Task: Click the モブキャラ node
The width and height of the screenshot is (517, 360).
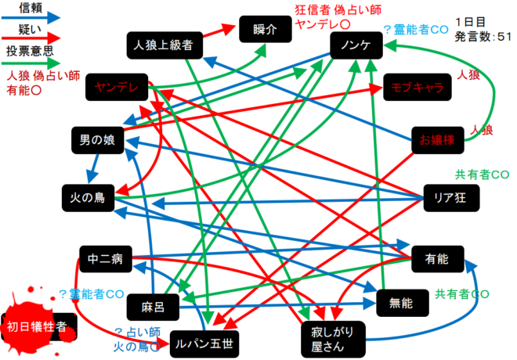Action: (x=418, y=88)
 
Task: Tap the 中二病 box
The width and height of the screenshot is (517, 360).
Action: (x=104, y=257)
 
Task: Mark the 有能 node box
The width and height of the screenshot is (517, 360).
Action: (x=436, y=257)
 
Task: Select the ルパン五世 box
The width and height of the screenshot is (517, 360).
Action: (x=201, y=343)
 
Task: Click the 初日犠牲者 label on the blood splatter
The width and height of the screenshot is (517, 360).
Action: (x=36, y=325)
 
